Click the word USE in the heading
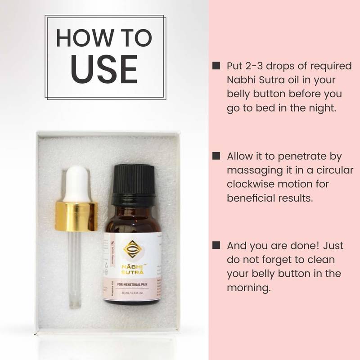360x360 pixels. pyautogui.click(x=104, y=68)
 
